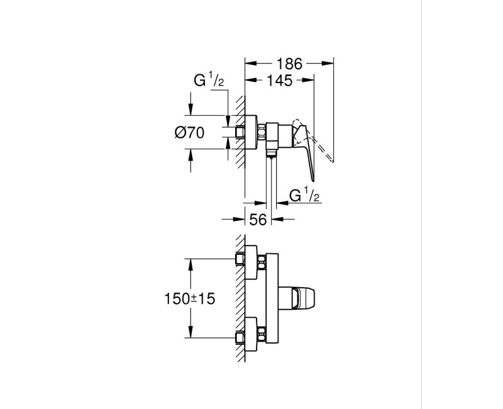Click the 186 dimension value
(x=289, y=64)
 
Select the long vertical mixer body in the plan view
(x=271, y=299)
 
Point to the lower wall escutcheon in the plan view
(x=251, y=334)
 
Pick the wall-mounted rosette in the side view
(x=250, y=132)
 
